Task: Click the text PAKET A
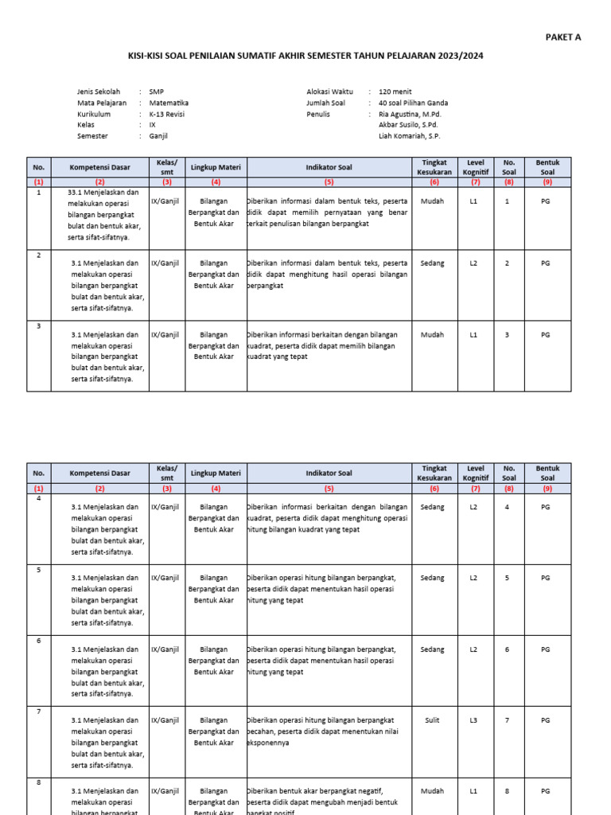pyautogui.click(x=562, y=37)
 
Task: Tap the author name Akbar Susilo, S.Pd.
pyautogui.click(x=408, y=125)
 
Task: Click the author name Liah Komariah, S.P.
pyautogui.click(x=410, y=136)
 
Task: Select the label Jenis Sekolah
pyautogui.click(x=99, y=92)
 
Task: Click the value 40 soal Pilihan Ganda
pyautogui.click(x=413, y=103)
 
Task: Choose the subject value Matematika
pyautogui.click(x=169, y=103)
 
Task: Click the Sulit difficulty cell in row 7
pyautogui.click(x=433, y=720)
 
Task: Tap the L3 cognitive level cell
pyautogui.click(x=473, y=720)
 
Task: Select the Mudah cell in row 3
pyautogui.click(x=433, y=335)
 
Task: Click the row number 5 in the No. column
pyautogui.click(x=39, y=570)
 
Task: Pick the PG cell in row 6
pyautogui.click(x=545, y=649)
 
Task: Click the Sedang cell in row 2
pyautogui.click(x=433, y=263)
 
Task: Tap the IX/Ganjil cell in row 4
pyautogui.click(x=166, y=507)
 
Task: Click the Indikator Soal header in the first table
pyautogui.click(x=329, y=167)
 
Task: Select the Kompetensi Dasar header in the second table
pyautogui.click(x=99, y=474)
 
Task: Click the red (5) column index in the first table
pyautogui.click(x=329, y=182)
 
